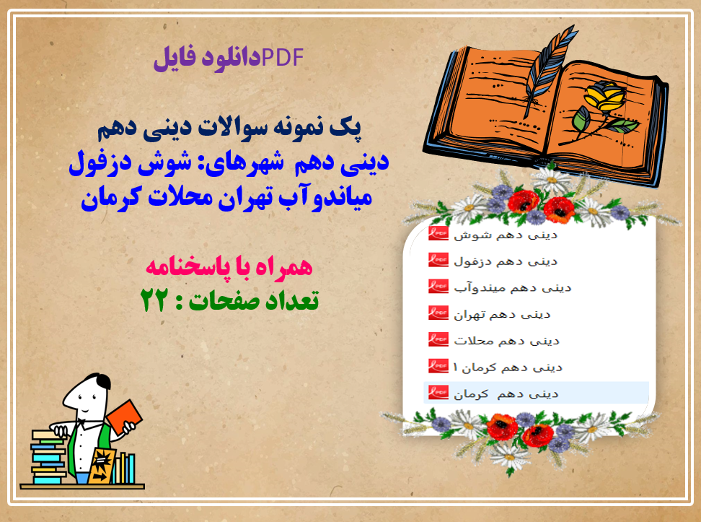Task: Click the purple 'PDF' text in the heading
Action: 283,57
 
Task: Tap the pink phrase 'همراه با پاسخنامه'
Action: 229,267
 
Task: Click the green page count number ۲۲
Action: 154,300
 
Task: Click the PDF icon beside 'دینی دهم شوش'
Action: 438,234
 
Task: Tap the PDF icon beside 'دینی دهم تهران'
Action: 438,313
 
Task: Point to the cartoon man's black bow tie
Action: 82,422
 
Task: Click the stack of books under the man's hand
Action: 48,456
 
